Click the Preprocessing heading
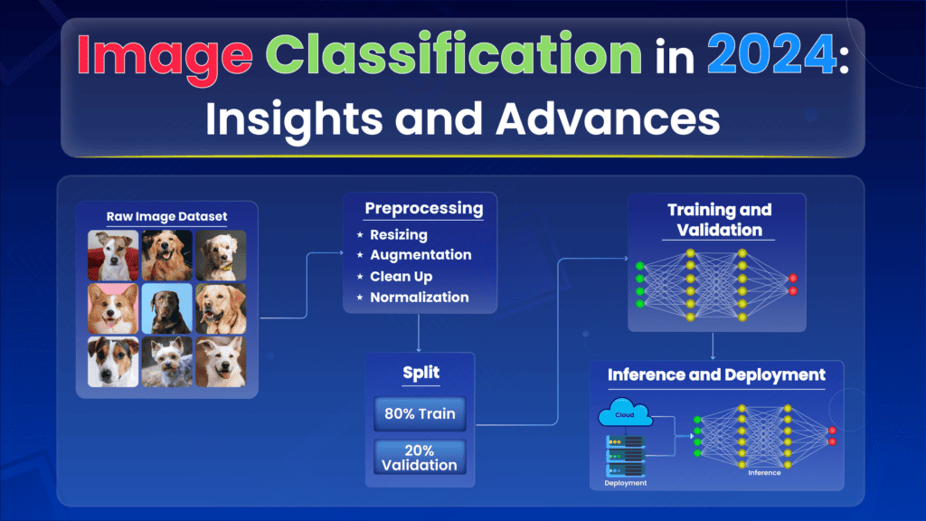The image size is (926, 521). (x=423, y=209)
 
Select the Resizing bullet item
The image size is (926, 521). (x=399, y=235)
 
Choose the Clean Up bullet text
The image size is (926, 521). (x=401, y=276)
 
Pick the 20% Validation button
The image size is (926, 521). (x=419, y=457)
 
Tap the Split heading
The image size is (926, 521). (x=419, y=373)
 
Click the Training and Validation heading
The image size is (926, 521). (x=720, y=220)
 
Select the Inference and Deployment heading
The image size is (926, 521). (x=716, y=374)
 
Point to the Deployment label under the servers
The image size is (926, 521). (x=626, y=483)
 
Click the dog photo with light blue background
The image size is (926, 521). (x=166, y=309)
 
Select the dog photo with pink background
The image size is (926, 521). (x=114, y=309)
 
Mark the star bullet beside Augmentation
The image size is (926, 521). (x=359, y=256)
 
